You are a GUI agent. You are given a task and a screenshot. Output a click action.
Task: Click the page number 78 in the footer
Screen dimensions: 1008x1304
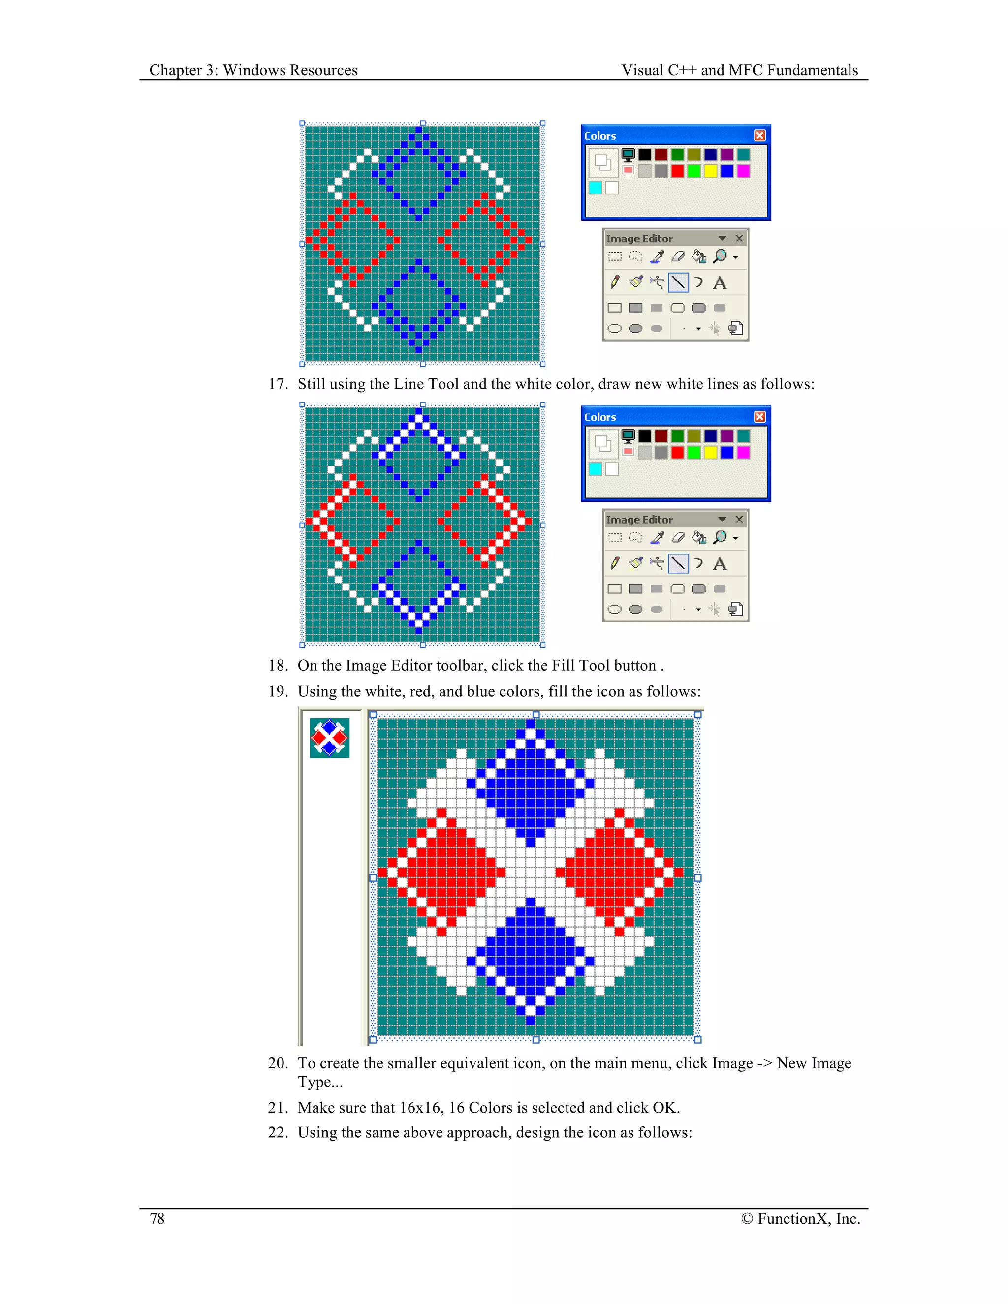point(157,1218)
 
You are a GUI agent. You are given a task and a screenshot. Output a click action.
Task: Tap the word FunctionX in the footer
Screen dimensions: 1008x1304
point(793,1218)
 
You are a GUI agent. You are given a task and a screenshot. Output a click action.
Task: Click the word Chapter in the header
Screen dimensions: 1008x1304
point(176,70)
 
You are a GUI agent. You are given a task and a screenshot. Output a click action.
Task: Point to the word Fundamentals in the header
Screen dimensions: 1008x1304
point(813,70)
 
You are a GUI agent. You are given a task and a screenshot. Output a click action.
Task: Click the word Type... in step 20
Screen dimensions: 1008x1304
point(320,1082)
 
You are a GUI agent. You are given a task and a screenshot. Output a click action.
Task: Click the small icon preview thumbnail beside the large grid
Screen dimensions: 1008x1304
point(330,738)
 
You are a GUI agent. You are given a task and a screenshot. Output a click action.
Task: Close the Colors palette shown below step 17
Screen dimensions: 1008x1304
point(759,417)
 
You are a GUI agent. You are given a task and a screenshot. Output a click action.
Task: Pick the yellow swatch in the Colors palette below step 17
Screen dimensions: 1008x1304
point(710,453)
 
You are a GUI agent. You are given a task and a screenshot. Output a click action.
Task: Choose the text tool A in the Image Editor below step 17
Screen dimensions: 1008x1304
point(720,563)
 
